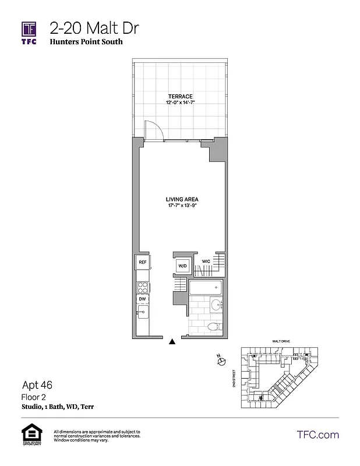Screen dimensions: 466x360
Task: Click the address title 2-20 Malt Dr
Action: point(94,28)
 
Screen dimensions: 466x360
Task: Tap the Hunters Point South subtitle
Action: point(86,43)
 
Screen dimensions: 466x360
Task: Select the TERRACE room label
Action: point(180,96)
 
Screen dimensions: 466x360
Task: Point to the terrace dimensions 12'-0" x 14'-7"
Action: point(180,103)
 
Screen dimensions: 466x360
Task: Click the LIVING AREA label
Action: point(182,199)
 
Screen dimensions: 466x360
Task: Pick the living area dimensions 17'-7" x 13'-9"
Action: point(182,206)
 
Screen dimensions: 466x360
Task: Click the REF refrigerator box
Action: point(142,263)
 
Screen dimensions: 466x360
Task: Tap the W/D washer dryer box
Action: point(182,266)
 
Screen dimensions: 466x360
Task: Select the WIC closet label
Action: point(206,261)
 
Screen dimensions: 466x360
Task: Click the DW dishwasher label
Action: point(142,299)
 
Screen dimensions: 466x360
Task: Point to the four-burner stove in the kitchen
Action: point(142,286)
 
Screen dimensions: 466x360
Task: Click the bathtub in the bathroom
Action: point(205,287)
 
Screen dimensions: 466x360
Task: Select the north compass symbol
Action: point(221,362)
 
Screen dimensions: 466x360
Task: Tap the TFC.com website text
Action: point(317,435)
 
